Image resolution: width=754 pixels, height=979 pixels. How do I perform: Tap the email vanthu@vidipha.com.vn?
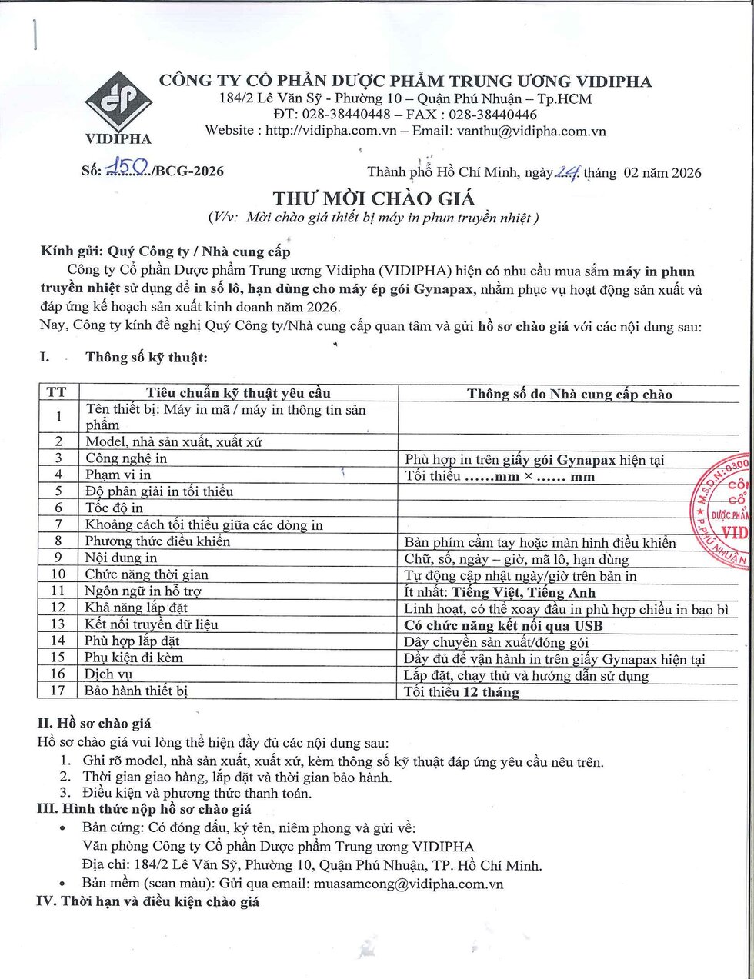(532, 131)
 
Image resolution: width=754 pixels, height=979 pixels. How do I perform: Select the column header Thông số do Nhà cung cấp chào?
(569, 394)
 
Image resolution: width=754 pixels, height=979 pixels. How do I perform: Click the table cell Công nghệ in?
(126, 458)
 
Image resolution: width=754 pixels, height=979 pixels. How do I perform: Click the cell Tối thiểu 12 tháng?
(462, 691)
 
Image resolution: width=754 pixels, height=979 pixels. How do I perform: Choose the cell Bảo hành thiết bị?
(136, 691)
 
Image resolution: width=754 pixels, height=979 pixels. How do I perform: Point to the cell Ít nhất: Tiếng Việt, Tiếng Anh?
(500, 592)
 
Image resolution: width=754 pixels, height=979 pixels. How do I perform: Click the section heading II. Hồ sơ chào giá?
(94, 723)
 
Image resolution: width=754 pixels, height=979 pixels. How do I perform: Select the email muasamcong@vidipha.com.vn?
(408, 884)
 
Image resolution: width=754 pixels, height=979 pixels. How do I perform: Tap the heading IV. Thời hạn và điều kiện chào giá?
(148, 901)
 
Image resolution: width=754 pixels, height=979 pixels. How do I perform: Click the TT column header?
(56, 393)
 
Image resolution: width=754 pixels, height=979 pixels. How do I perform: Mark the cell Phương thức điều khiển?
(158, 541)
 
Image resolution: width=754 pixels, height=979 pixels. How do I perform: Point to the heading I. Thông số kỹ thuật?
(146, 357)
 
